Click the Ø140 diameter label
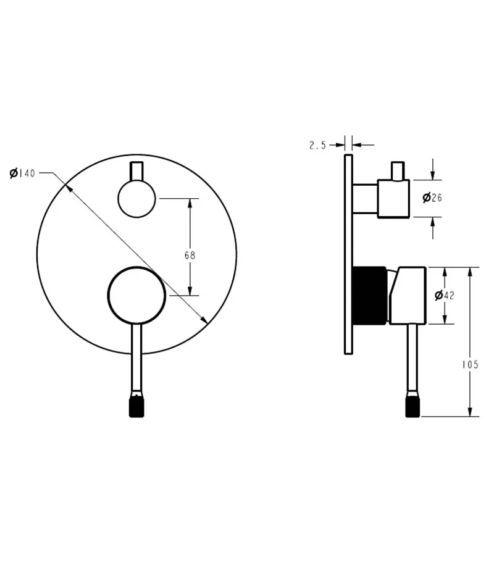click(22, 173)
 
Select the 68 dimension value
click(190, 255)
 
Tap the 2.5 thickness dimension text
click(317, 145)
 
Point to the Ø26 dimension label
click(432, 198)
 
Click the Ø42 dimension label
click(444, 295)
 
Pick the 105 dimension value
click(470, 365)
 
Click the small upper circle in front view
click(136, 199)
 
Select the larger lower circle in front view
click(136, 295)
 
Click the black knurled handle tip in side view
click(412, 406)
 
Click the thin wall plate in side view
click(348, 254)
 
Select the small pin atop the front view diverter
click(136, 171)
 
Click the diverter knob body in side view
click(393, 198)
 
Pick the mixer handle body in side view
click(408, 295)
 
